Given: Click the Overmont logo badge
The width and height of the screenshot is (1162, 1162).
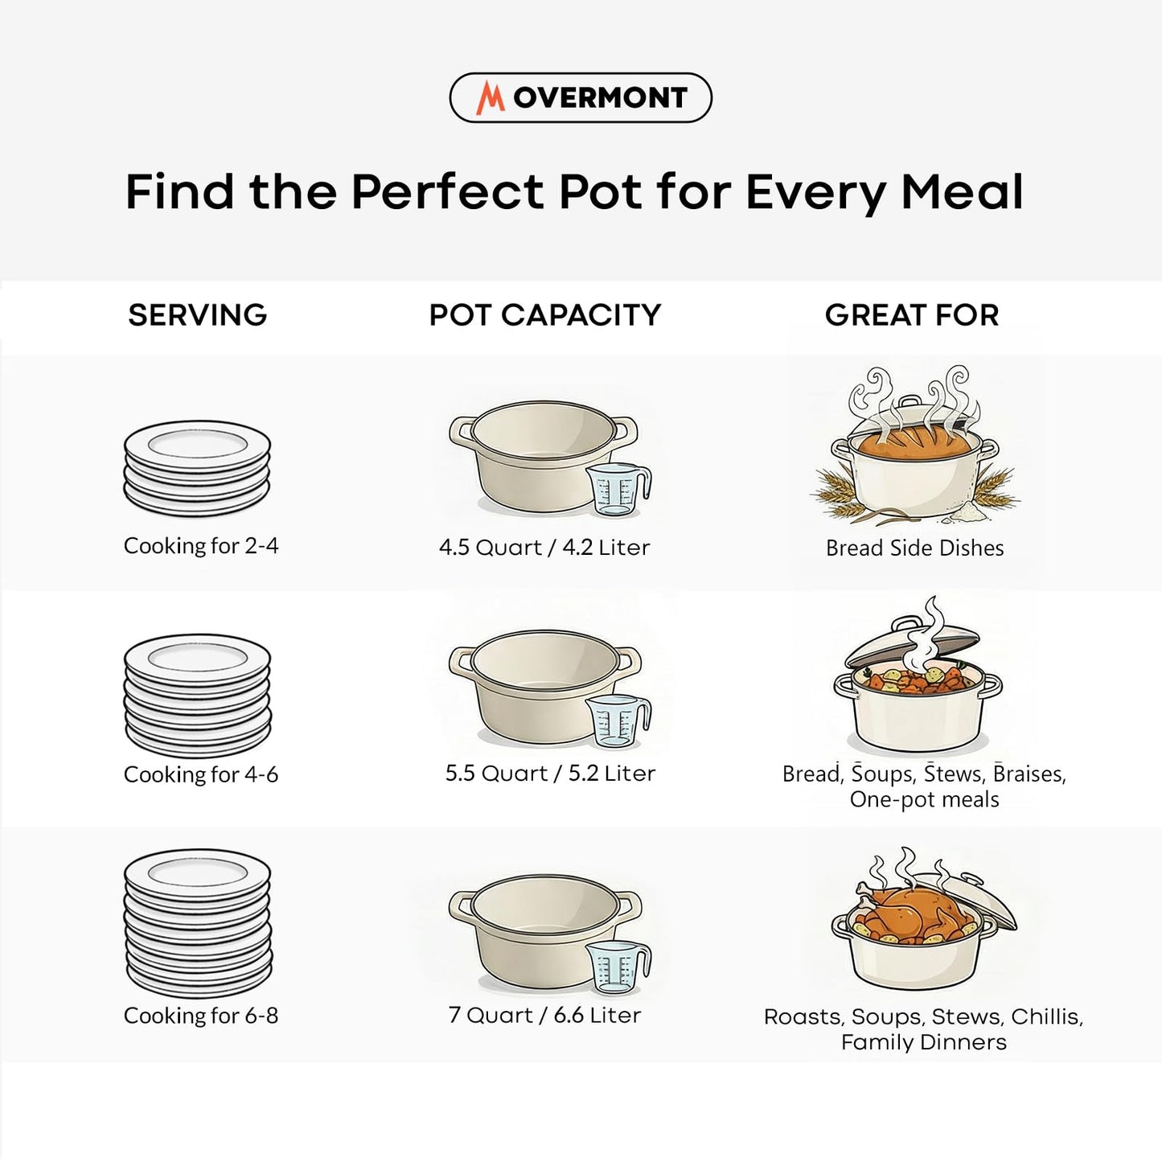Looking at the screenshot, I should pyautogui.click(x=580, y=97).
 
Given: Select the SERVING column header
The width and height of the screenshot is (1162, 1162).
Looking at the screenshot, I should pyautogui.click(x=197, y=315).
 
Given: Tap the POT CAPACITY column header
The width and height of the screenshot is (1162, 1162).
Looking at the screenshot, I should pyautogui.click(x=544, y=315).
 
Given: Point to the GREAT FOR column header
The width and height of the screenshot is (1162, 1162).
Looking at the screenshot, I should pyautogui.click(x=912, y=315).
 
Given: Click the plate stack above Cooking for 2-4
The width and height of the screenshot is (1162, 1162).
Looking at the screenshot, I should pyautogui.click(x=197, y=468).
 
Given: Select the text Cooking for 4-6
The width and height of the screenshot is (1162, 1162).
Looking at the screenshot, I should pyautogui.click(x=201, y=774).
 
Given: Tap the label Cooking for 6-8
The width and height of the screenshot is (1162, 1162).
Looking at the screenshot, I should pyautogui.click(x=201, y=1016).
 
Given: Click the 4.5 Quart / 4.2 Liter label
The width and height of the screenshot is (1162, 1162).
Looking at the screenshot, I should pyautogui.click(x=544, y=548).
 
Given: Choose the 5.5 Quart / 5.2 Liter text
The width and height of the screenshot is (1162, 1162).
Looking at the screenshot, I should pyautogui.click(x=550, y=774).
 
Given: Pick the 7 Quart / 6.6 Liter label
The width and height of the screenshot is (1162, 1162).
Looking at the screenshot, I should pyautogui.click(x=544, y=1015).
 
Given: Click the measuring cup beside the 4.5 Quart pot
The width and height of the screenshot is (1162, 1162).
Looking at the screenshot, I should pyautogui.click(x=617, y=489).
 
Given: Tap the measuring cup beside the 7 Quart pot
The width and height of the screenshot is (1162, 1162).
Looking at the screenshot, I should pyautogui.click(x=617, y=967).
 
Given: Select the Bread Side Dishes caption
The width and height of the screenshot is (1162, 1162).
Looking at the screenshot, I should pyautogui.click(x=914, y=548).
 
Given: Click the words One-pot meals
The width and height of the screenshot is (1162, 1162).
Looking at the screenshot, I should pyautogui.click(x=924, y=800).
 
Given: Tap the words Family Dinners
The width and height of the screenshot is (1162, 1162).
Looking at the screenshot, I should pyautogui.click(x=923, y=1042).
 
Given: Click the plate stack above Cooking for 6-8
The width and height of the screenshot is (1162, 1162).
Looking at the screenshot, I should pyautogui.click(x=198, y=922).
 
